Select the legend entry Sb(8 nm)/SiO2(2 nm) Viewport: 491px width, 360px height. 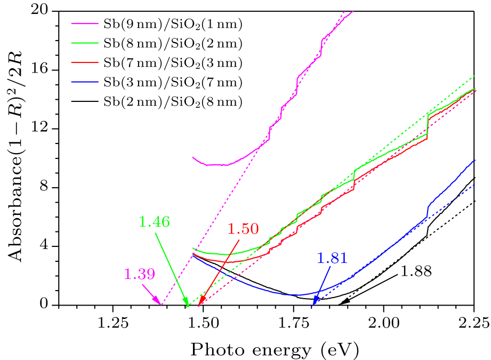tap(173, 43)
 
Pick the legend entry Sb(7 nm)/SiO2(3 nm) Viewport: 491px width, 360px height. tap(173, 63)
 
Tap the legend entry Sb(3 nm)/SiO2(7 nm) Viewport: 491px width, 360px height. tap(173, 82)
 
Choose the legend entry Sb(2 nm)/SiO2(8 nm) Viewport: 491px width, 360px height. tap(173, 102)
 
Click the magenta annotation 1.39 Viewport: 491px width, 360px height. tap(140, 275)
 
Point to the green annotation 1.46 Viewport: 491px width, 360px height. tap(155, 222)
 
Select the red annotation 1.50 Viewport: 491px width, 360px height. tap(243, 229)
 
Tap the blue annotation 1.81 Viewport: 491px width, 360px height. tap(332, 259)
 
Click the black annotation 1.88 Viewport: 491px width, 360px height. tap(416, 271)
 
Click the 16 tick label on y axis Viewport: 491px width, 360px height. tap(46, 70)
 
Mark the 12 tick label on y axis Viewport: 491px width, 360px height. tap(46, 129)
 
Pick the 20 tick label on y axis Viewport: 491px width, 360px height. tap(46, 11)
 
